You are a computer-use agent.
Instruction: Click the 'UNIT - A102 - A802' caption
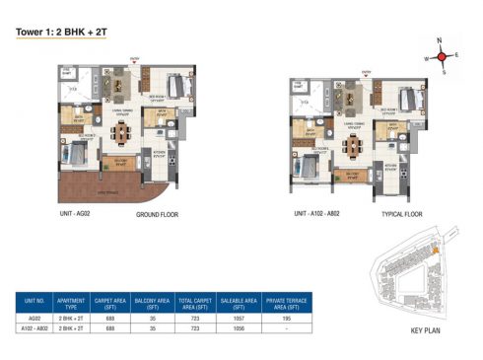coord(318,212)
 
